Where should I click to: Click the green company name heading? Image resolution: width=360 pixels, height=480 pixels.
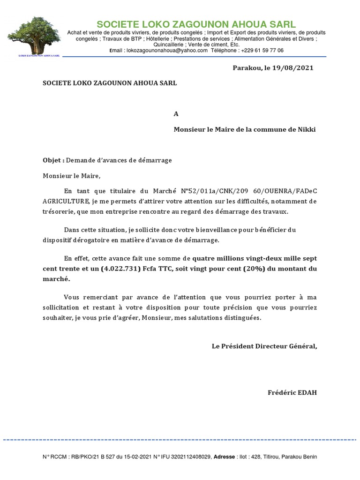(x=196, y=24)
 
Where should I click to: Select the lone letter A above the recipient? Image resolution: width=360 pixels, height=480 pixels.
(x=176, y=114)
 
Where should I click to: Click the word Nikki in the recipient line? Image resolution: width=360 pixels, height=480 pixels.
(x=306, y=129)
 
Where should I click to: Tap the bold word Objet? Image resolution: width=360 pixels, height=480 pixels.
(x=52, y=160)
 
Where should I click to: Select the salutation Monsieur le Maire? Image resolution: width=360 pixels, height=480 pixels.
(x=72, y=176)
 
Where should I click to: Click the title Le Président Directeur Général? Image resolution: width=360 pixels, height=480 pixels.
(x=264, y=346)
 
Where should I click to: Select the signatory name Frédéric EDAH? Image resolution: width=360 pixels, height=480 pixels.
(x=292, y=392)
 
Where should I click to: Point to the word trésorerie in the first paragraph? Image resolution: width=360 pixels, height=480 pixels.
(x=59, y=211)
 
